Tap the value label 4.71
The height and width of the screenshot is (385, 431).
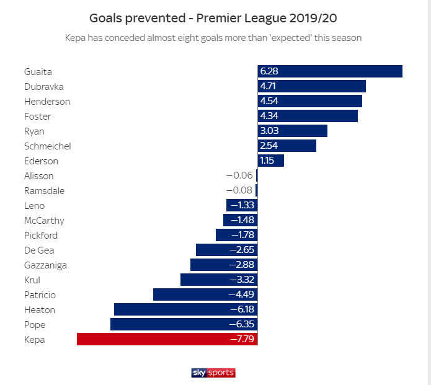(x=270, y=86)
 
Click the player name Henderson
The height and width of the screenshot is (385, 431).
(x=47, y=101)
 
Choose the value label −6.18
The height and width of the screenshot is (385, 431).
(x=242, y=309)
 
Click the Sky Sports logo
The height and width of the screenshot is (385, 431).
(x=213, y=373)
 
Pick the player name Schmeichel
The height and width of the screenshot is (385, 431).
(x=48, y=146)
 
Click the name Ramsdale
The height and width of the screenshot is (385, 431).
(x=44, y=190)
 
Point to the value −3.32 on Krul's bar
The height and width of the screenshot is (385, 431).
(x=242, y=280)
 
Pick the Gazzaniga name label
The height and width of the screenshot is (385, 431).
(x=45, y=265)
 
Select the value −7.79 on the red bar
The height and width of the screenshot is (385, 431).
(x=242, y=339)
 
